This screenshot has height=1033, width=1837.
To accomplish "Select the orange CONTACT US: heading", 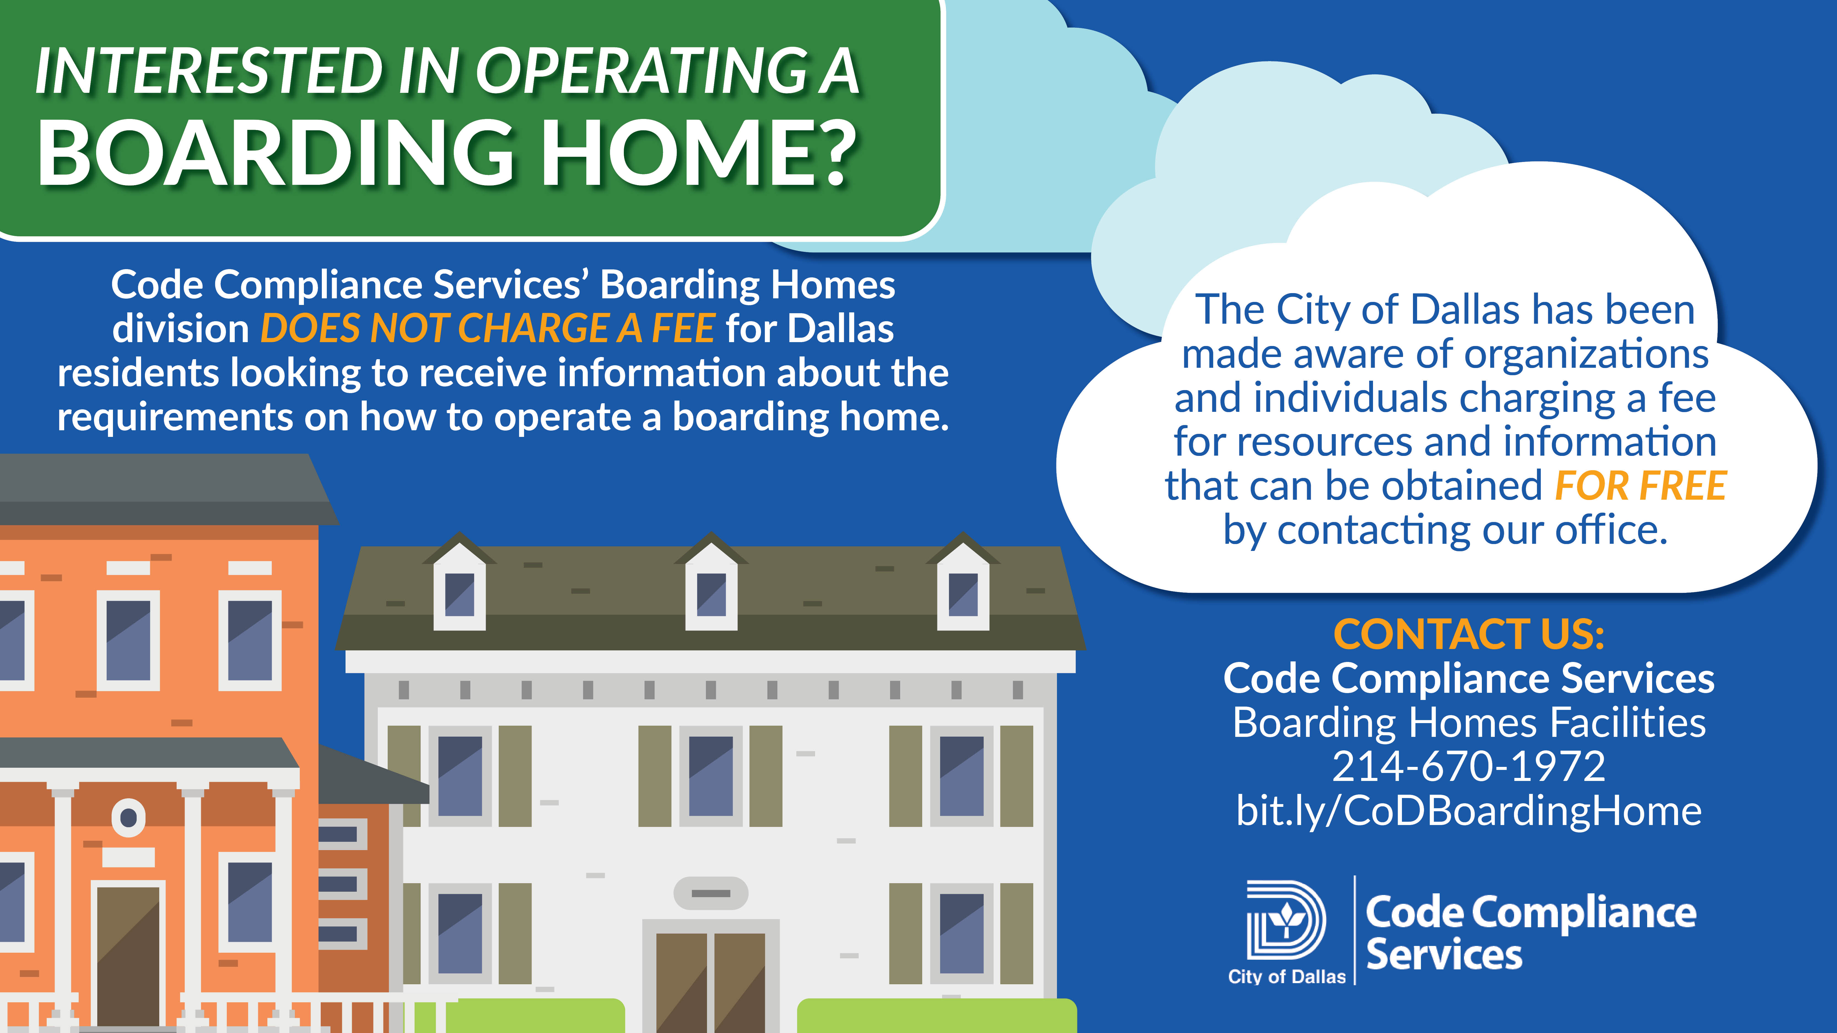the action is click(x=1469, y=634).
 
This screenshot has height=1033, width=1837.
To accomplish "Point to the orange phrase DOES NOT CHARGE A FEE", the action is click(x=488, y=329).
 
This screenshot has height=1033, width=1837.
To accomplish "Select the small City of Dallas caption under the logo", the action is click(x=1286, y=977).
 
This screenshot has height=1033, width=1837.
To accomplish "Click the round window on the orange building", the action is click(x=128, y=817).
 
